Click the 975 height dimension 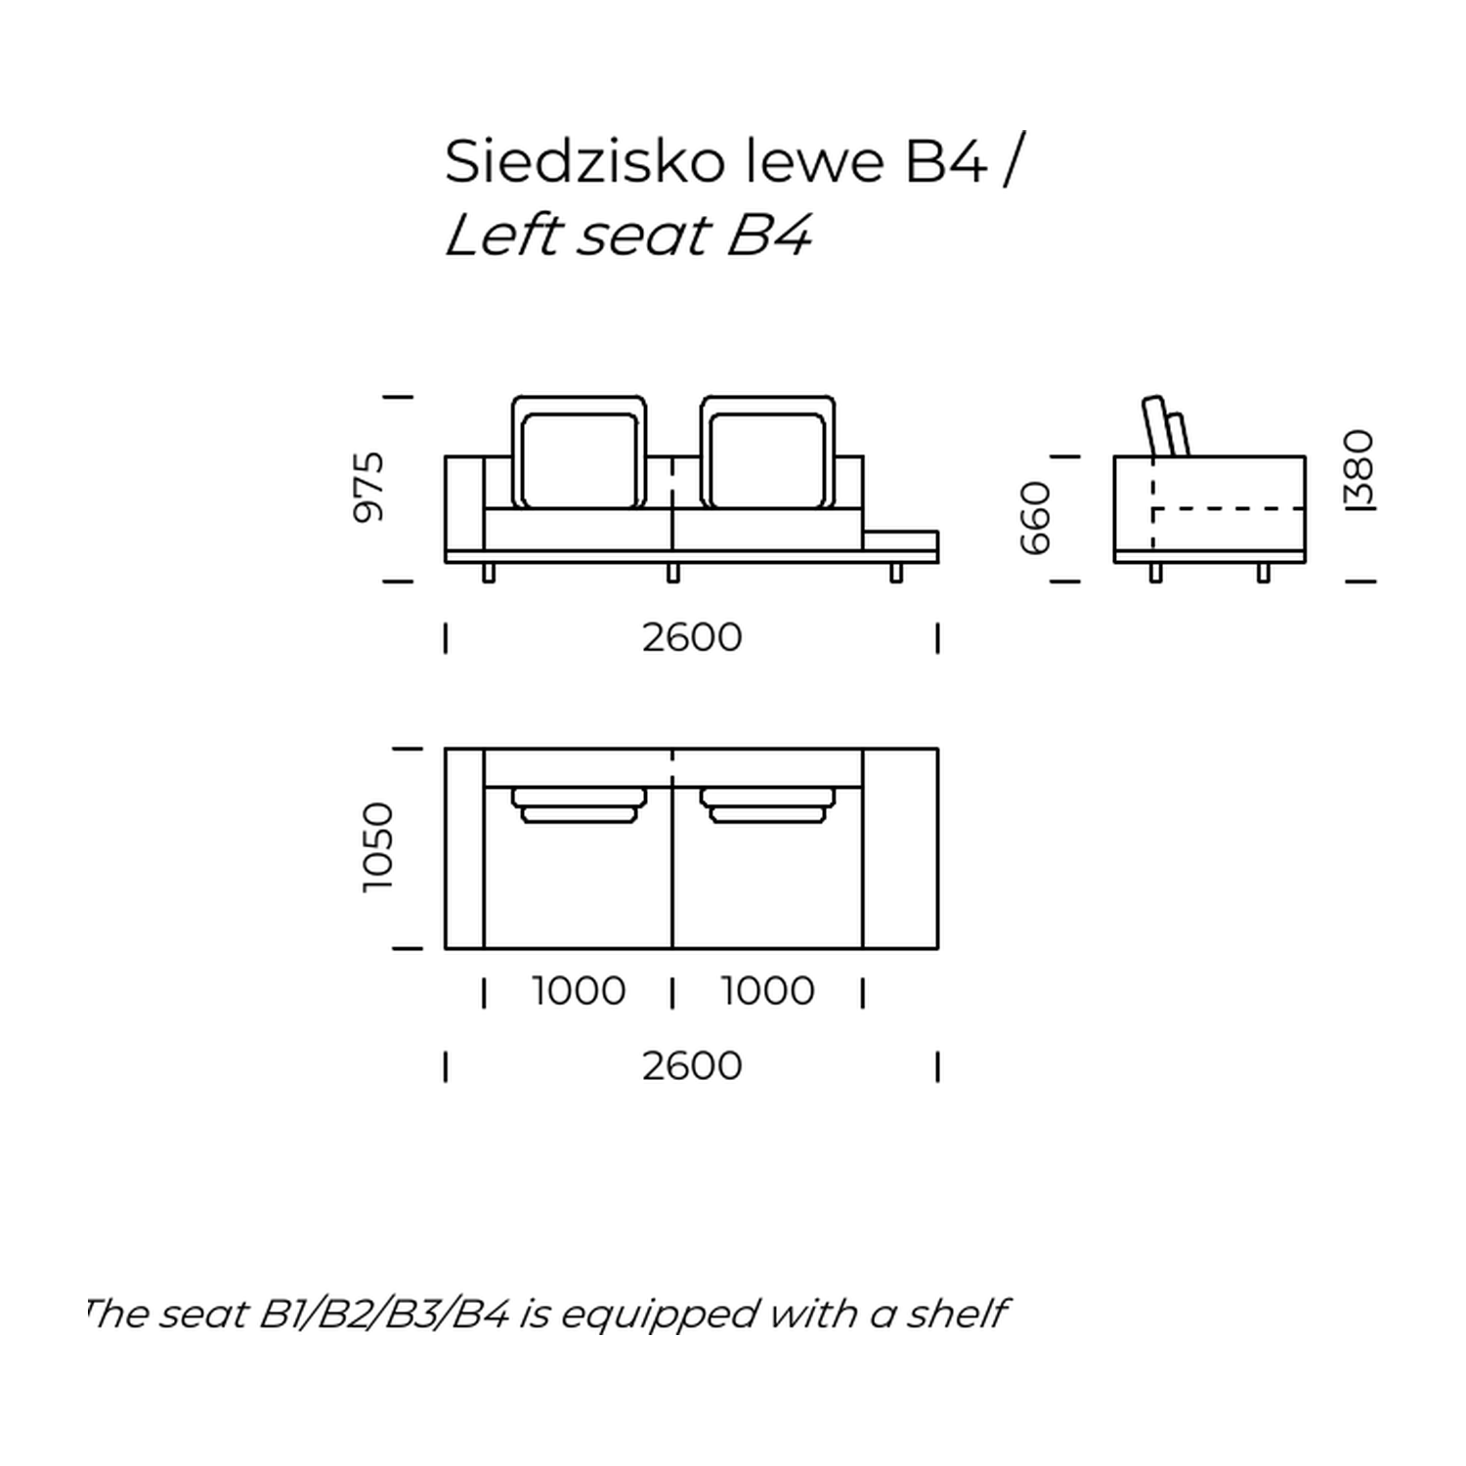tap(369, 487)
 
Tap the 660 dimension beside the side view tap(1035, 518)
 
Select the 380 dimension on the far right tap(1359, 469)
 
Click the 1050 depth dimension tap(377, 847)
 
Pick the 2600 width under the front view tap(692, 637)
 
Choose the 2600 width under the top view tap(692, 1065)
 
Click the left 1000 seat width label tap(579, 991)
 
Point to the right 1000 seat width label tap(768, 991)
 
